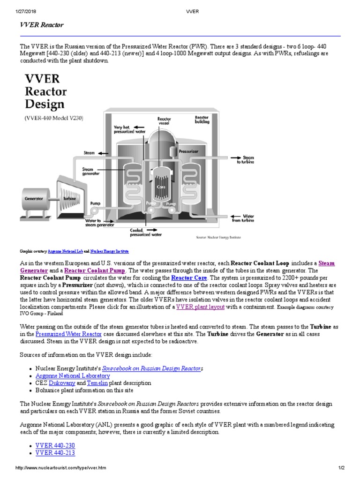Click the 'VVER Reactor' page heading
point(42,24)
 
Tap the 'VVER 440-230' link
point(55,445)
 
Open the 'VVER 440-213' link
point(55,452)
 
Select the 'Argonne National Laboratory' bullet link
point(73,375)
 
